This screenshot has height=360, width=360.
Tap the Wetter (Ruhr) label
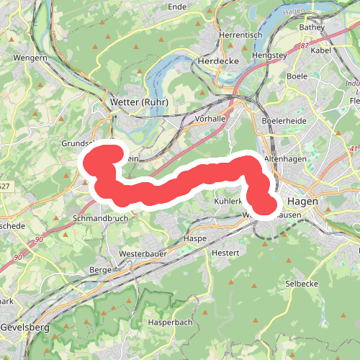coord(139,102)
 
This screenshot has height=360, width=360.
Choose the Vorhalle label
coord(211,118)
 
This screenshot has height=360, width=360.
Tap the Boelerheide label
coord(285,121)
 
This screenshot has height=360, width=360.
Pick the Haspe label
coord(195,238)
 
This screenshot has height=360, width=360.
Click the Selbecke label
coord(302,284)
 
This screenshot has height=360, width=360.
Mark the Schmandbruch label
coord(100,218)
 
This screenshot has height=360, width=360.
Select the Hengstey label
coord(264,55)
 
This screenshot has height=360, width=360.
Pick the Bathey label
coord(312,27)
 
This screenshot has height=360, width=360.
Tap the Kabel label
coord(322,51)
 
